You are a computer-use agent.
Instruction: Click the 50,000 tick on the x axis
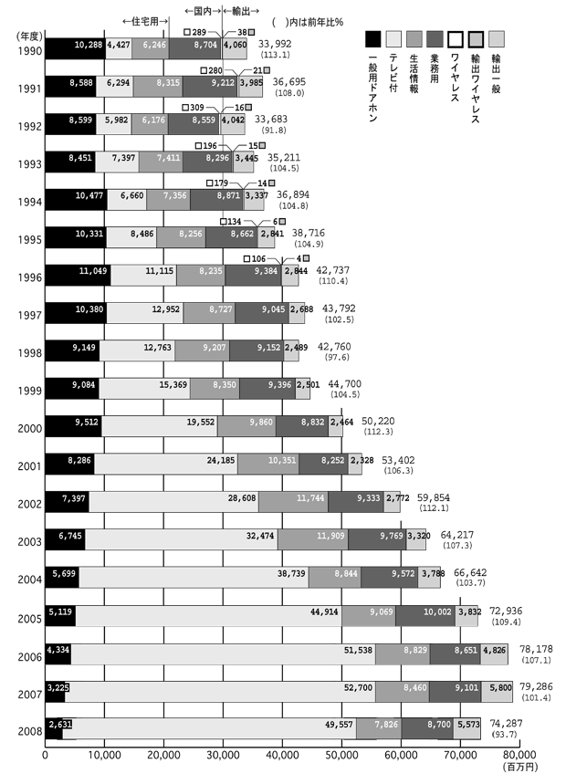click(341, 755)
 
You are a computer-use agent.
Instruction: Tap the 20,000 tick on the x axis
click(163, 755)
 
